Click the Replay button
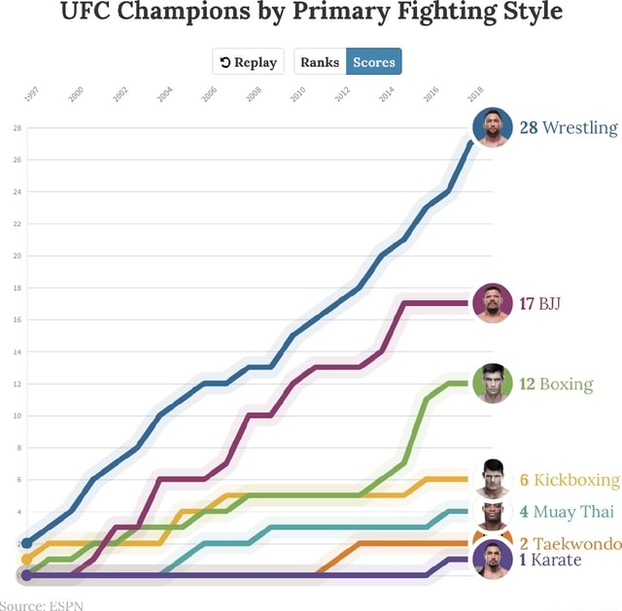pyautogui.click(x=249, y=62)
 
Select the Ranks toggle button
pyautogui.click(x=320, y=62)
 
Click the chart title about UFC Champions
pyautogui.click(x=311, y=14)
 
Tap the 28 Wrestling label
pyautogui.click(x=569, y=128)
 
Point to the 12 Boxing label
pyautogui.click(x=556, y=384)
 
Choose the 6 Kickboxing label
pyautogui.click(x=570, y=480)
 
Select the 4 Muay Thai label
pyautogui.click(x=567, y=512)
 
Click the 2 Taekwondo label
pyautogui.click(x=570, y=544)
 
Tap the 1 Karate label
pyautogui.click(x=550, y=560)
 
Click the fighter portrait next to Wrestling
pyautogui.click(x=492, y=127)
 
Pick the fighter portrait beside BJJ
pyautogui.click(x=492, y=303)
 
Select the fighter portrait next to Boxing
pyautogui.click(x=492, y=383)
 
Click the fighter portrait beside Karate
pyautogui.click(x=492, y=560)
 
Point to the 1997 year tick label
pyautogui.click(x=31, y=94)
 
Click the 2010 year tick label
pyautogui.click(x=298, y=94)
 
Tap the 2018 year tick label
pyautogui.click(x=476, y=94)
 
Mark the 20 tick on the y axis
pyautogui.click(x=17, y=256)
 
